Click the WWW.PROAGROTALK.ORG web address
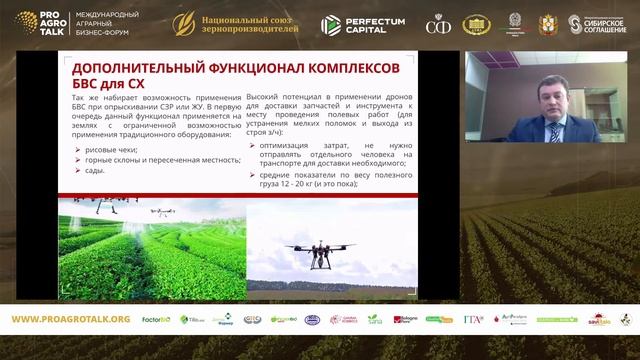(x=70, y=319)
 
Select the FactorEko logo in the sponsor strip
(x=156, y=319)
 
